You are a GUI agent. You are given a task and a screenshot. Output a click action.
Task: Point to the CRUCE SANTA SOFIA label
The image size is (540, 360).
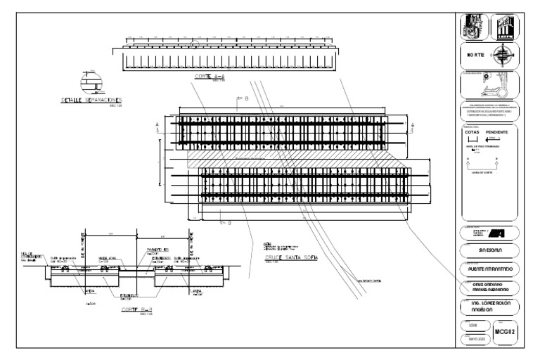[x=291, y=257]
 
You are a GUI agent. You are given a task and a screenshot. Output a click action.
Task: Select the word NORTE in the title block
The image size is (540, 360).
[x=477, y=55]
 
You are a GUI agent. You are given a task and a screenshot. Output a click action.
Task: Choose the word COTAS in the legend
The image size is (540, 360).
[x=472, y=131]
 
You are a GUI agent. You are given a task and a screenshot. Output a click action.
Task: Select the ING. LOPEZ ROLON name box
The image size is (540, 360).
[x=489, y=307]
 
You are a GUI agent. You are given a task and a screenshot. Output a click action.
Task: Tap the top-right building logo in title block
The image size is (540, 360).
[x=506, y=26]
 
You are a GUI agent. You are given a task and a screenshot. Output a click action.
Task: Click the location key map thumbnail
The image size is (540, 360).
[x=489, y=86]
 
